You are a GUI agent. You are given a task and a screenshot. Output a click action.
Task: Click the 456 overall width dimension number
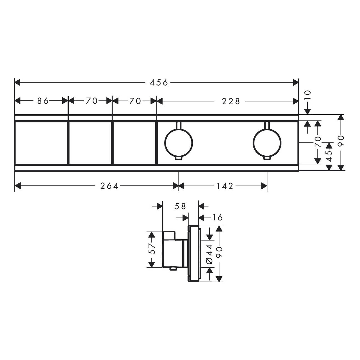[x=159, y=83]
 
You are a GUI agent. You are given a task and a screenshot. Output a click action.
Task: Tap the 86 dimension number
[x=43, y=101]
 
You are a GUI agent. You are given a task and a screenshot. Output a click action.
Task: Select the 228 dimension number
[x=231, y=101]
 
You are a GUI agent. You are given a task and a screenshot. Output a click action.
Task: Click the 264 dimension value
[x=109, y=186]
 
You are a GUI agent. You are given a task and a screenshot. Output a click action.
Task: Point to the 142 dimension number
[x=225, y=186]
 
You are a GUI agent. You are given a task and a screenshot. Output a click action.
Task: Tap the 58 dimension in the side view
[x=180, y=206]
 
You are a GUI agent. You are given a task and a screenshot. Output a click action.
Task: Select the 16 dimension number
[x=217, y=217]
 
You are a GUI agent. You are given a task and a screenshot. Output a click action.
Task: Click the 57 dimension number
[x=153, y=249]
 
